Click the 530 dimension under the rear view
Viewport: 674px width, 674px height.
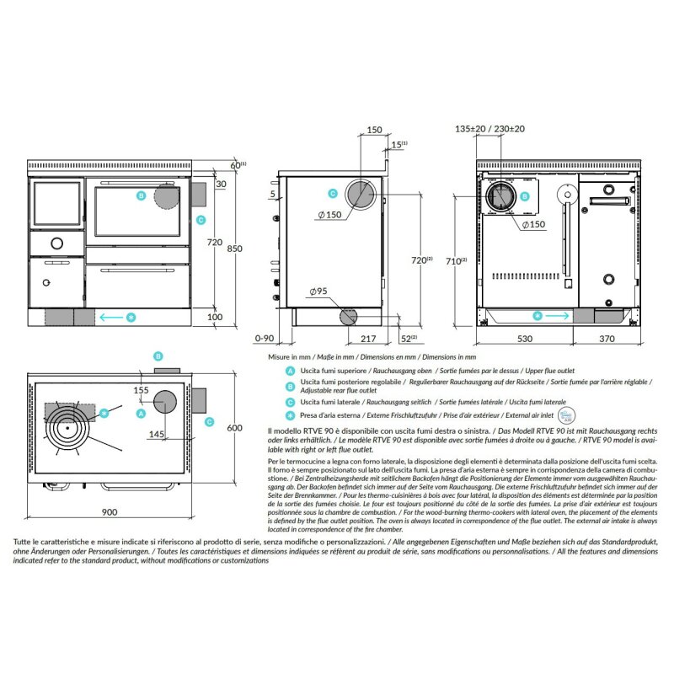click(x=525, y=339)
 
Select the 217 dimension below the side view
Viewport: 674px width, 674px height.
click(x=367, y=339)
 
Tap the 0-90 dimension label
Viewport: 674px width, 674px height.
click(x=265, y=339)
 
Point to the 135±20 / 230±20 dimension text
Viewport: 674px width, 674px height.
click(x=489, y=129)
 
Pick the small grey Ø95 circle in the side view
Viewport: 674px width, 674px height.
click(x=349, y=317)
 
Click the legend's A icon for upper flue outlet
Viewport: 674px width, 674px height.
click(x=290, y=371)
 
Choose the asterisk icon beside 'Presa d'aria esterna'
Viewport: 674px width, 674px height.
click(x=290, y=415)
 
